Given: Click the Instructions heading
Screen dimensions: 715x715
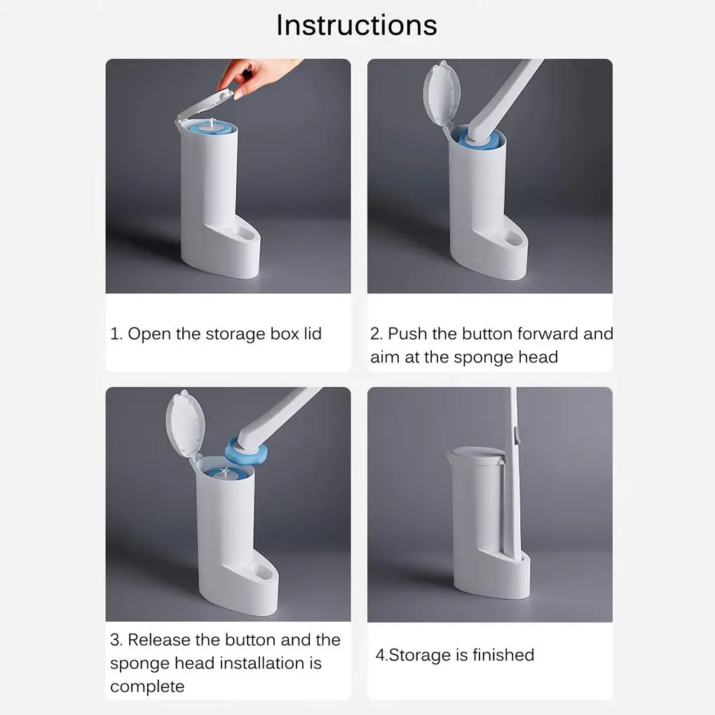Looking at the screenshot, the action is click(357, 25).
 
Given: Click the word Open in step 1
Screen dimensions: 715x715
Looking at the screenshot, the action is click(149, 334).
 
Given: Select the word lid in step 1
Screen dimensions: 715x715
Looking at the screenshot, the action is click(313, 334).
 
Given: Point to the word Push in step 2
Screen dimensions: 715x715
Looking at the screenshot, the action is click(407, 334).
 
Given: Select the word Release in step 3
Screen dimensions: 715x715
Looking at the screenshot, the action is click(158, 640).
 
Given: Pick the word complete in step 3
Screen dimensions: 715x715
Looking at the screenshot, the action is click(147, 686).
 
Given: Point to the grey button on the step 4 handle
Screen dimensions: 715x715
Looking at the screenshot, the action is click(517, 435).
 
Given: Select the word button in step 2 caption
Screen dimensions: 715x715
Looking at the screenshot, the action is click(487, 334).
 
